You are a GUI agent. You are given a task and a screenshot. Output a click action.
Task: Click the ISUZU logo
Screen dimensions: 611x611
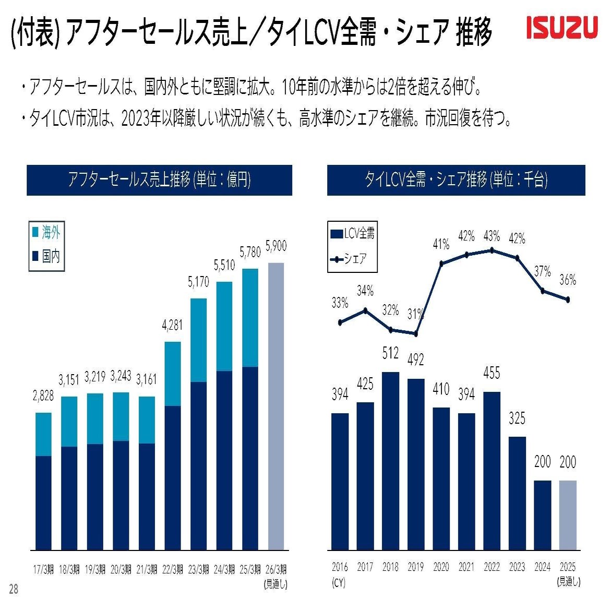point(561,28)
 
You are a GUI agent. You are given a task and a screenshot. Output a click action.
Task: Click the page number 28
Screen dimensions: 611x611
point(13,590)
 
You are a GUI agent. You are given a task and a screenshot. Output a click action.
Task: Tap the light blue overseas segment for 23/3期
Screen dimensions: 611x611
point(198,340)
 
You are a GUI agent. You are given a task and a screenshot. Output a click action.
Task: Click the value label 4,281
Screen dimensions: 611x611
point(172,326)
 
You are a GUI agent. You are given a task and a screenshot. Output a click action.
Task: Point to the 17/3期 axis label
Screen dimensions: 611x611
point(43,569)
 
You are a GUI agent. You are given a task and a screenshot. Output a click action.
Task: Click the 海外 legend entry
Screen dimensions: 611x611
point(46,232)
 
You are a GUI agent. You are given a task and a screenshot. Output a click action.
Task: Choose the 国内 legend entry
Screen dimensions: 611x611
point(46,256)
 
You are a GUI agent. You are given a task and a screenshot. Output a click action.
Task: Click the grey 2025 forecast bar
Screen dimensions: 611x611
point(568,515)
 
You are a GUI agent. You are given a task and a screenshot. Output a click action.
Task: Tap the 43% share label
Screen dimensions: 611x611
point(492,236)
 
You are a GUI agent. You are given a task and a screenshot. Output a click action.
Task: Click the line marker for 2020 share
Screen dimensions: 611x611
point(441,263)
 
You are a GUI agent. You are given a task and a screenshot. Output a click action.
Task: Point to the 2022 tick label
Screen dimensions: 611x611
point(492,567)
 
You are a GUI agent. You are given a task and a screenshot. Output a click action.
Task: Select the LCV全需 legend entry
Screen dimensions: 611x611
point(353,234)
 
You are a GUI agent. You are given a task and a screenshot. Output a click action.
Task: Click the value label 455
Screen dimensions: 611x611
point(492,373)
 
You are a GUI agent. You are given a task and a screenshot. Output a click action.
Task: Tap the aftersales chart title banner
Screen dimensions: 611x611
point(159,180)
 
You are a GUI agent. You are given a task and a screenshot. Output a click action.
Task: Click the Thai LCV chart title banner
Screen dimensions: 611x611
point(456,180)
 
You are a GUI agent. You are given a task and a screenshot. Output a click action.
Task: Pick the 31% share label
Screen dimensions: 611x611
point(416,314)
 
